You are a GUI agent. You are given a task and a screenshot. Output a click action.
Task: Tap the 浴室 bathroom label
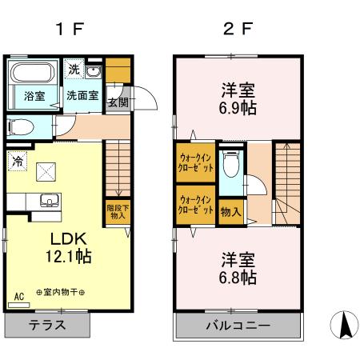tap(34, 96)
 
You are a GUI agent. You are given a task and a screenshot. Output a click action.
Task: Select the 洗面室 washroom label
tap(82, 96)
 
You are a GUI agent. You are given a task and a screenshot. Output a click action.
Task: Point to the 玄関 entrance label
tap(118, 102)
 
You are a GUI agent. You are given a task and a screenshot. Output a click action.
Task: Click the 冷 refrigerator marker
tap(18, 161)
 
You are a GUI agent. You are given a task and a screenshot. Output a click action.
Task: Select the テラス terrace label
tap(47, 326)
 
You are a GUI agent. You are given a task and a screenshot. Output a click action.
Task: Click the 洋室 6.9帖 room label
tap(238, 98)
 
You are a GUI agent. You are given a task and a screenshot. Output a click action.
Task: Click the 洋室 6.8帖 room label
tap(238, 269)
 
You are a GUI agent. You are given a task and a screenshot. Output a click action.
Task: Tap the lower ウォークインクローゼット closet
tap(196, 204)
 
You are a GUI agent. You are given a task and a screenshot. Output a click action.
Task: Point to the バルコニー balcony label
tap(238, 326)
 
